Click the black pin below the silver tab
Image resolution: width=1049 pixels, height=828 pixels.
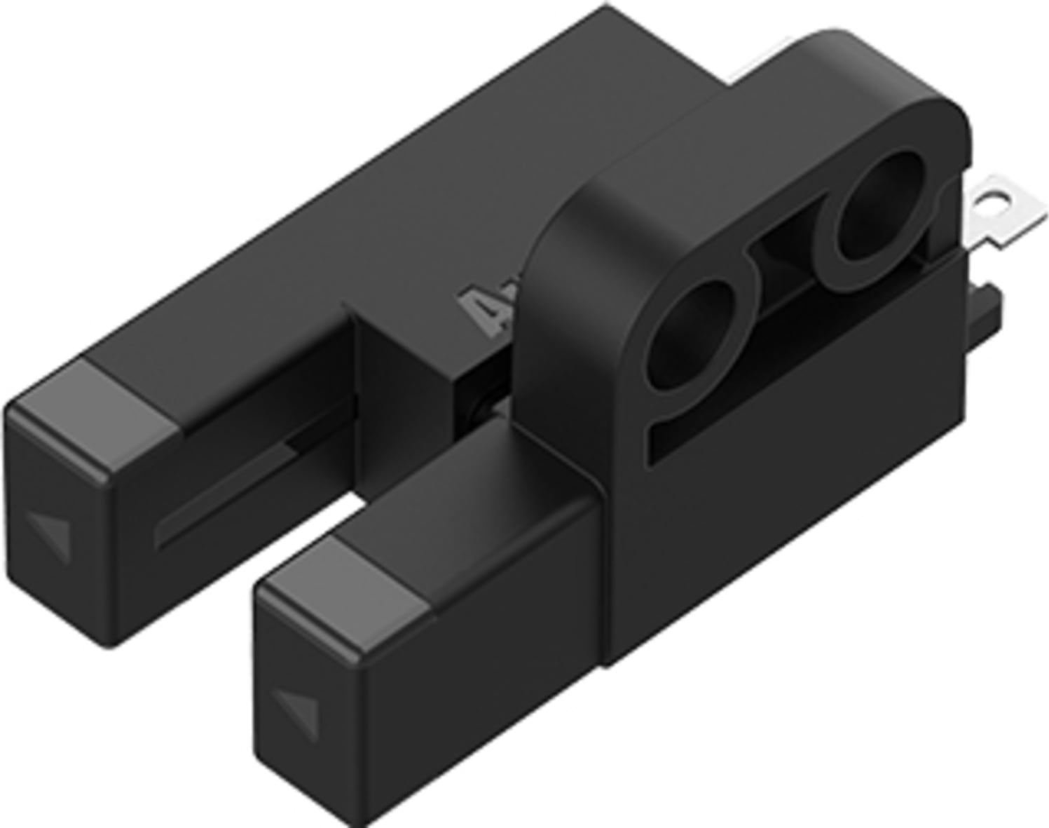pyautogui.click(x=988, y=308)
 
